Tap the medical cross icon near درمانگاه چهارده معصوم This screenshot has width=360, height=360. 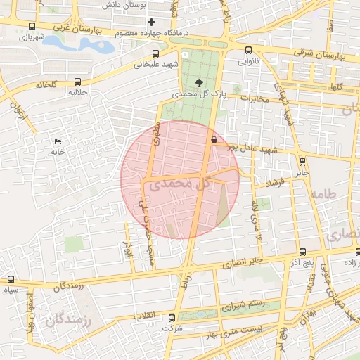click(x=151, y=22)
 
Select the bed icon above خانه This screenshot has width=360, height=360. click(x=57, y=142)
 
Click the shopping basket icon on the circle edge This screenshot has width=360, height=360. click(x=212, y=139)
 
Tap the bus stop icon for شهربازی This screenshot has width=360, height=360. click(x=31, y=26)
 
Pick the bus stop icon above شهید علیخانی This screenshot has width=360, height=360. click(x=155, y=53)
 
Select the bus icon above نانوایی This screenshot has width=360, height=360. click(x=249, y=50)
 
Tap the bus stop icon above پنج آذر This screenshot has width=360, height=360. click(x=302, y=252)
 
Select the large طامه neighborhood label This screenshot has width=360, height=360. click(x=322, y=194)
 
